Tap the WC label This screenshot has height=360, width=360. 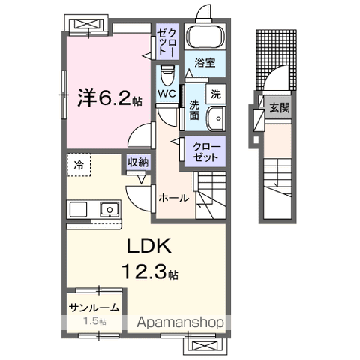pos(166,94)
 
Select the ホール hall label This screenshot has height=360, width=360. pos(173,199)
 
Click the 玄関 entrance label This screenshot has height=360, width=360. pos(280,107)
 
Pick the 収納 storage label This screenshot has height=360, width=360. pos(137,162)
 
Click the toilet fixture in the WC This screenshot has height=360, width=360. pos(167,75)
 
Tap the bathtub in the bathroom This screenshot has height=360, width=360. pos(202,37)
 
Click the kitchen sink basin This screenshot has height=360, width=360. pos(109,209)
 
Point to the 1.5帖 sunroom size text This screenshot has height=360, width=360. pos(93,321)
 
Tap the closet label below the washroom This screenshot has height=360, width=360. pos(205,151)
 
